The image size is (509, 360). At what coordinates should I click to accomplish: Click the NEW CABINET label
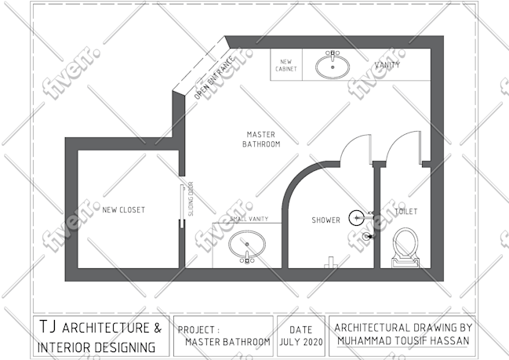286,65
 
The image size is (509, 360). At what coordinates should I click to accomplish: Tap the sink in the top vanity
333,65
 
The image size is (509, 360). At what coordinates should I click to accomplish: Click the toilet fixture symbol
405,247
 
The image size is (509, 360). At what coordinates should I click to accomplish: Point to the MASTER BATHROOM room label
261,140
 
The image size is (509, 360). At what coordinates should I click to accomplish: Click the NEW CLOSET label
124,210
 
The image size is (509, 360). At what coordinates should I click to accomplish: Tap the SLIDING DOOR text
191,198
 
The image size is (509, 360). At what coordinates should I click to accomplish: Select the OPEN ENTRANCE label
214,78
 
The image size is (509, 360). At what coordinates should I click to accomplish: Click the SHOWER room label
326,220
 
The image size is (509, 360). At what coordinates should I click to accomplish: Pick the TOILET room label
406,212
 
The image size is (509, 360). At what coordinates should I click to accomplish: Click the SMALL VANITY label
249,219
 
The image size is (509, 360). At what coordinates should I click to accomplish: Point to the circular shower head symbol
356,218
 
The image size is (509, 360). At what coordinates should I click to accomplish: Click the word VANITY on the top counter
387,65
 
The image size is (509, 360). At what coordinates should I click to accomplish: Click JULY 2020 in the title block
301,342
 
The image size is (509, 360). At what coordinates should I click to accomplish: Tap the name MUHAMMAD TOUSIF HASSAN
403,341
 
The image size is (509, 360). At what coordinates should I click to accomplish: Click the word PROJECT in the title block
196,330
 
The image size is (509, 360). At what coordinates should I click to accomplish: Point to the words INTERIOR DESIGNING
96,347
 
